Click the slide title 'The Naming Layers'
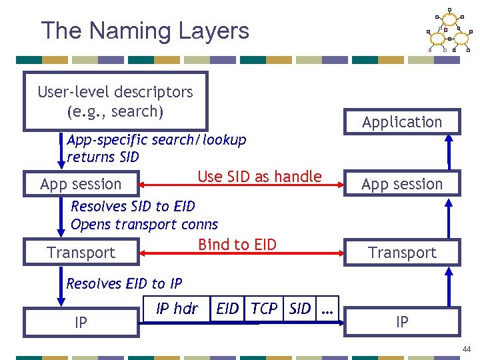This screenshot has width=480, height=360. [145, 31]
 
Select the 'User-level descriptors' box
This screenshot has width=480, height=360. [115, 101]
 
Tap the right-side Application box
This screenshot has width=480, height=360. [402, 122]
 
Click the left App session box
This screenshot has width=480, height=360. [81, 184]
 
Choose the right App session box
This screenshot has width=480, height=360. [402, 184]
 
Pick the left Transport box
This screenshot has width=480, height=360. [81, 253]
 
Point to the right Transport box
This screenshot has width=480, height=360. [402, 253]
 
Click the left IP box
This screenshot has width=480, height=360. [81, 323]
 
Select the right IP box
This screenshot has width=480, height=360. [402, 322]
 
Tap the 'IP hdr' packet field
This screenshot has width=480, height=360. [176, 309]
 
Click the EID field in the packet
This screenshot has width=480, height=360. [228, 309]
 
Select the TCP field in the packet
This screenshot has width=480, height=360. [265, 309]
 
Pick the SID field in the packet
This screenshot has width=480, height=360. [299, 309]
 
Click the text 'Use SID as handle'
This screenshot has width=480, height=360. [259, 177]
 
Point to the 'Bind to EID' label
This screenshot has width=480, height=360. [237, 245]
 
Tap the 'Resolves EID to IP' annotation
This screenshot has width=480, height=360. [124, 284]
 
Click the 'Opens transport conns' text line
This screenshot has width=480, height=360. [144, 225]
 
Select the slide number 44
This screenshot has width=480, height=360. [466, 349]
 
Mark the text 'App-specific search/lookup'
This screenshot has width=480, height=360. [157, 140]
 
